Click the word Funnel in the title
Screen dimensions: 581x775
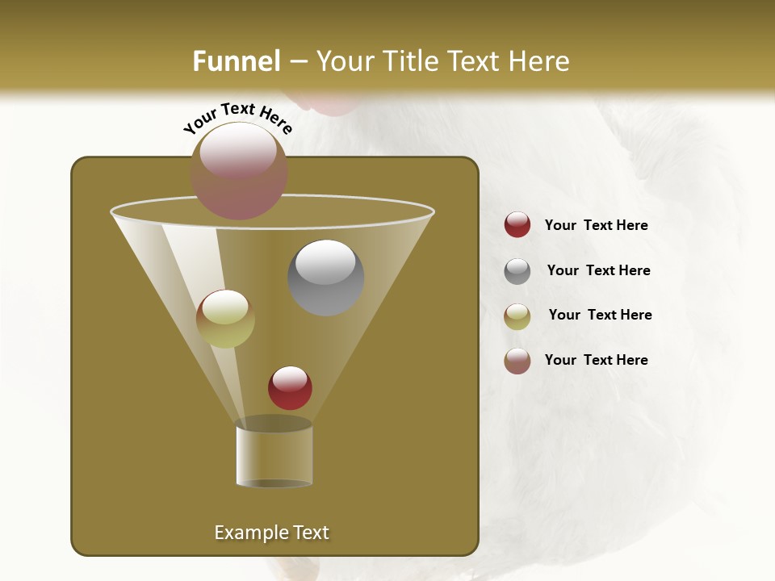point(237,61)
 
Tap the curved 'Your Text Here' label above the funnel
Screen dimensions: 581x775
point(238,118)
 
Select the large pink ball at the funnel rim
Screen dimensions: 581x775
point(239,171)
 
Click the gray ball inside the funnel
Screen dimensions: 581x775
point(326,278)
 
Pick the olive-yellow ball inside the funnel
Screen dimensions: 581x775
point(225,319)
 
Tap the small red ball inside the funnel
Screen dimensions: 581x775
point(290,388)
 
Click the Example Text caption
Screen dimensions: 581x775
point(271,533)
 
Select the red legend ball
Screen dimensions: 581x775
point(517,225)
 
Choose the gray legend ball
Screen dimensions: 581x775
point(517,271)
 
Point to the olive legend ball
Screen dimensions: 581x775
point(517,316)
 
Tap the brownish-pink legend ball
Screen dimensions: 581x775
point(517,361)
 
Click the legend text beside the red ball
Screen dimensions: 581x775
point(596,226)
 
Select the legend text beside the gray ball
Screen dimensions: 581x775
point(598,271)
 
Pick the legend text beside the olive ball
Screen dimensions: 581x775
point(600,316)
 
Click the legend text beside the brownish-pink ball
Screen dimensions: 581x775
point(596,360)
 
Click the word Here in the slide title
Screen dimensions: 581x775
point(540,61)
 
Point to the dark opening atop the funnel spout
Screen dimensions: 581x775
point(274,424)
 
